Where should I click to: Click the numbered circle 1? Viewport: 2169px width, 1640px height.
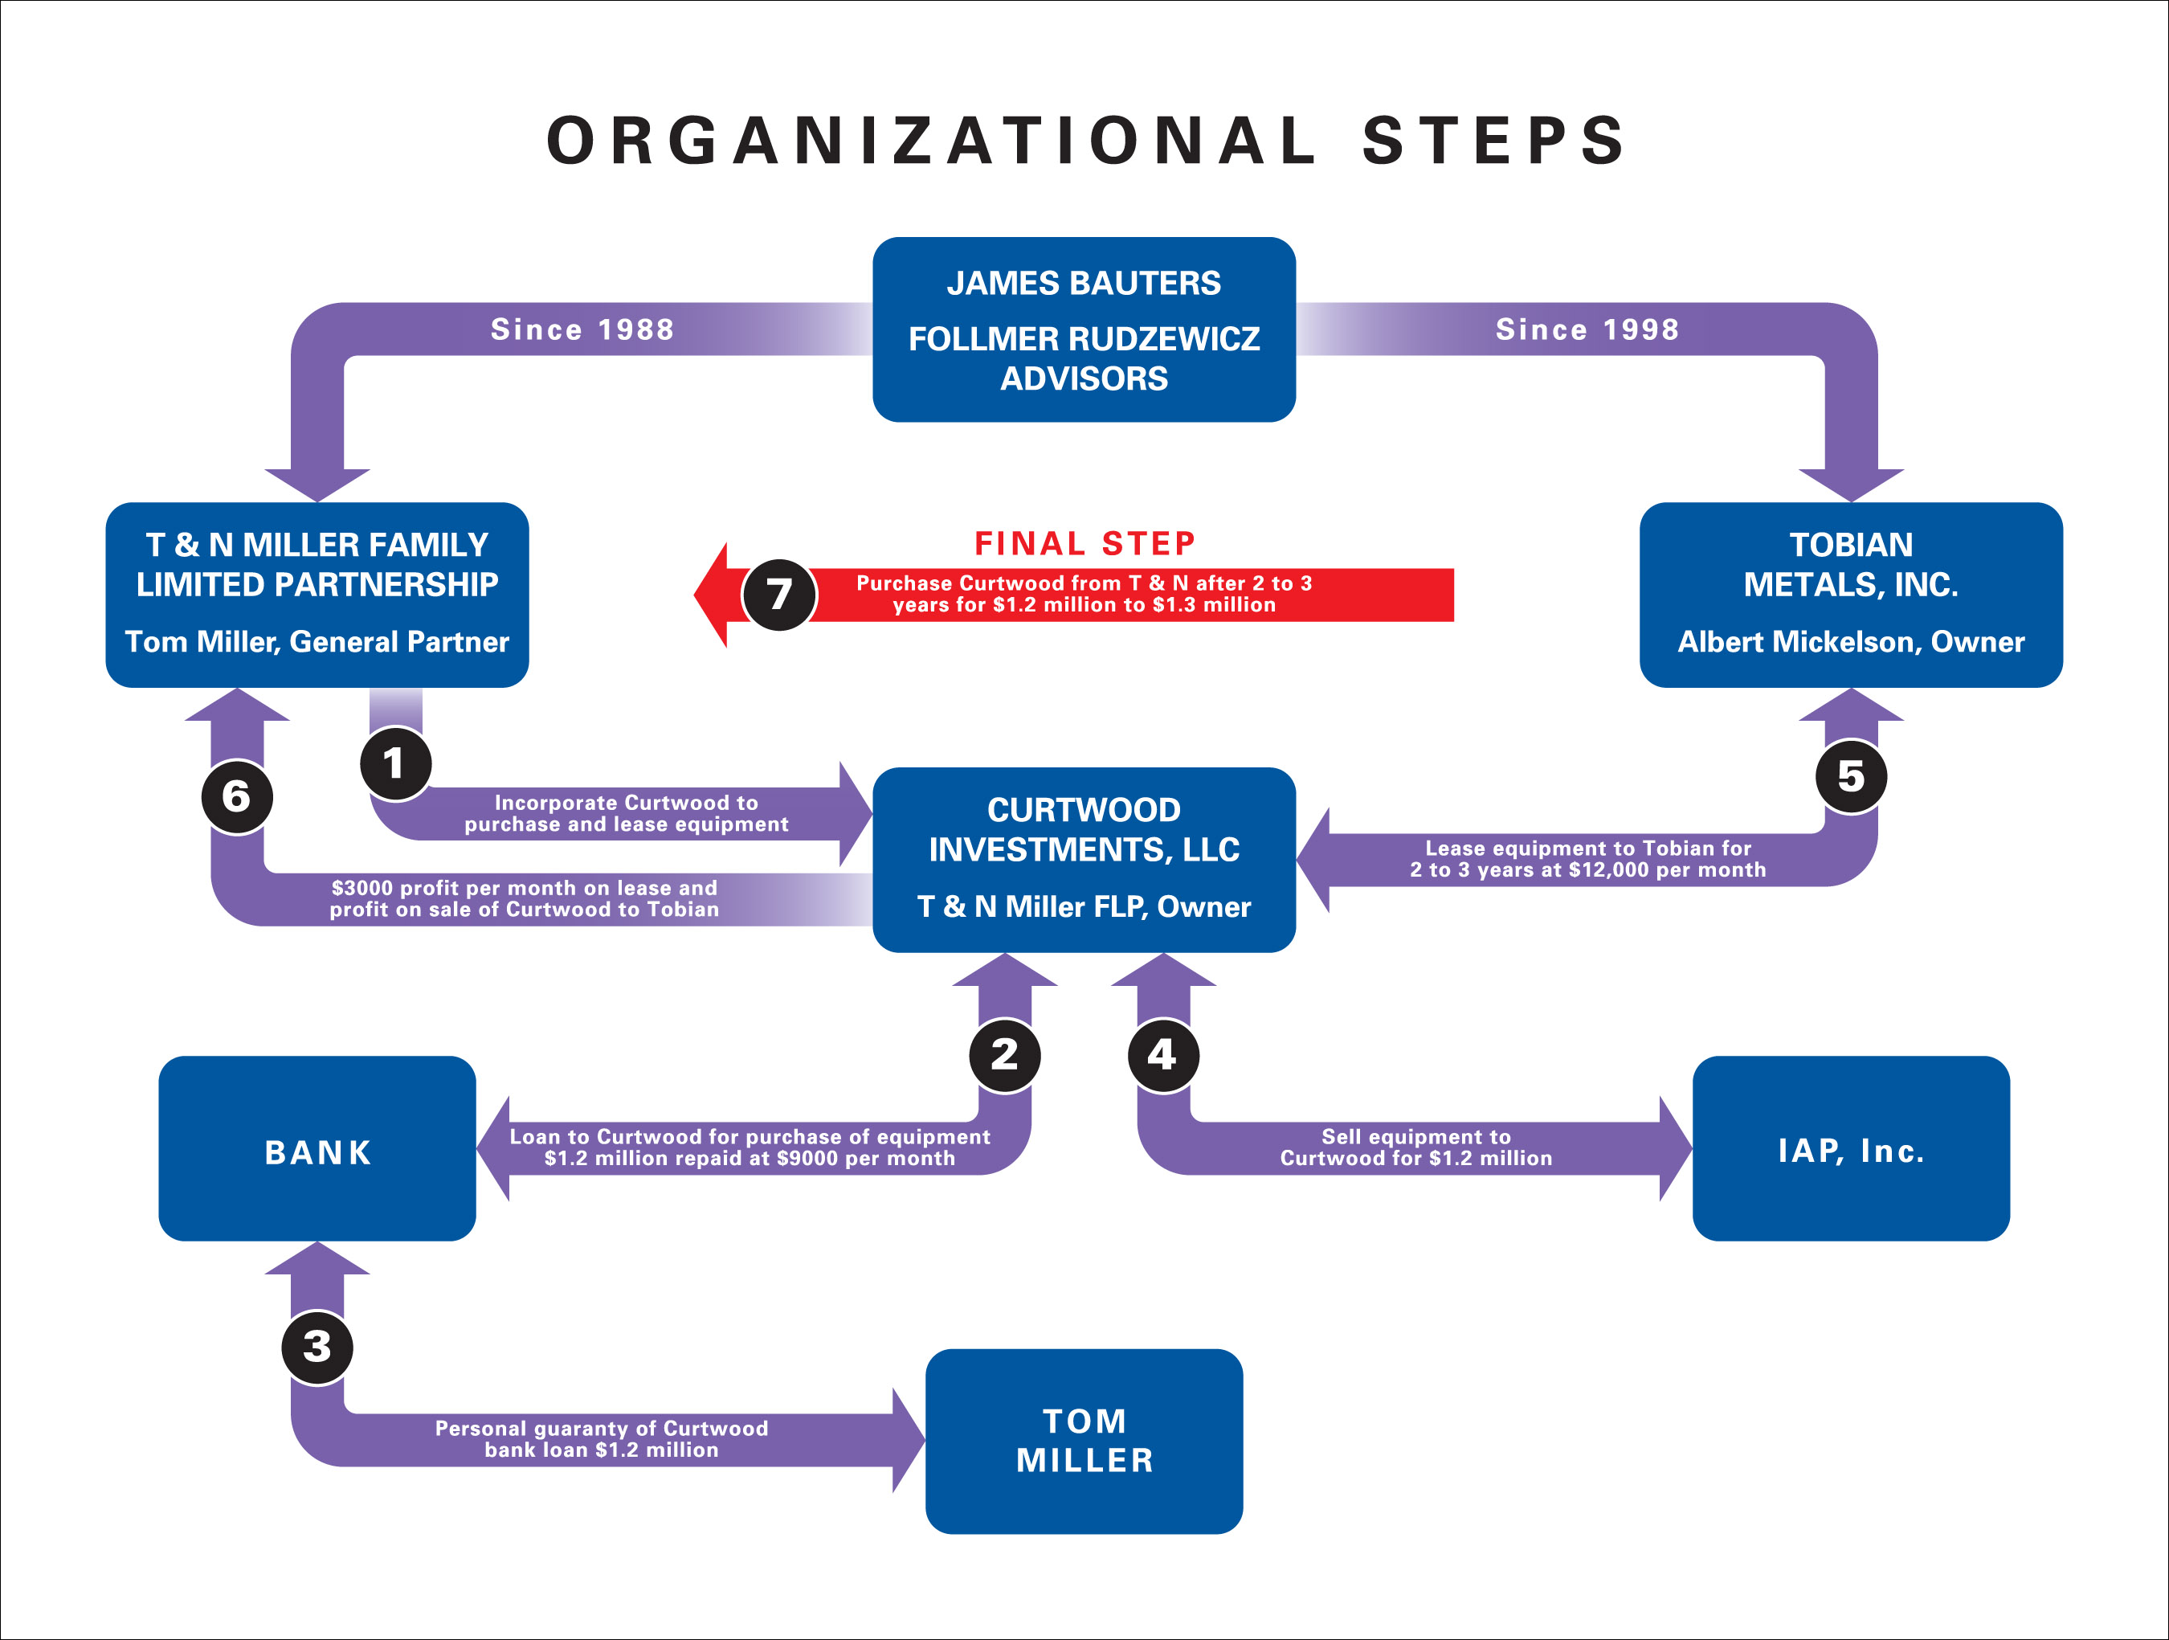pyautogui.click(x=395, y=763)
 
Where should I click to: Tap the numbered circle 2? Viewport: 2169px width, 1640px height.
pyautogui.click(x=1004, y=1055)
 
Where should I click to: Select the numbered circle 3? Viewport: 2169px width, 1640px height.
pyautogui.click(x=317, y=1347)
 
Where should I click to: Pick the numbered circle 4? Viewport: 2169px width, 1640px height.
pyautogui.click(x=1163, y=1055)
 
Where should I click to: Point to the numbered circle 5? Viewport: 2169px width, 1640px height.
pyautogui.click(x=1850, y=776)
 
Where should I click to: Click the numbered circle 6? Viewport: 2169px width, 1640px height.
pyautogui.click(x=236, y=796)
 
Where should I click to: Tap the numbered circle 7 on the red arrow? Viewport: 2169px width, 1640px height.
pyautogui.click(x=778, y=595)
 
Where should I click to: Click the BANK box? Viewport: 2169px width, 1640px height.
pyautogui.click(x=317, y=1148)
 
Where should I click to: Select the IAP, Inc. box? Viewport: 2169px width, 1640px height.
pyautogui.click(x=1850, y=1148)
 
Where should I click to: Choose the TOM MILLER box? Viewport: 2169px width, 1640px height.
pyautogui.click(x=1084, y=1441)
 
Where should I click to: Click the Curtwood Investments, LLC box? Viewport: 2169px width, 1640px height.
pyautogui.click(x=1084, y=859)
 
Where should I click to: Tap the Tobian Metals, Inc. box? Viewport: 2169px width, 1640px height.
pyautogui.click(x=1850, y=595)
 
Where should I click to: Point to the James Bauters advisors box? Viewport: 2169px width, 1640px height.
pyautogui.click(x=1084, y=329)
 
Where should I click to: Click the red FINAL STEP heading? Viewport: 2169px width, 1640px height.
pyautogui.click(x=1084, y=542)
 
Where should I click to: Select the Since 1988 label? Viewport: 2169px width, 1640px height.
pyautogui.click(x=582, y=329)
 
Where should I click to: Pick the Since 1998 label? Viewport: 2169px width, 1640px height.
pyautogui.click(x=1587, y=329)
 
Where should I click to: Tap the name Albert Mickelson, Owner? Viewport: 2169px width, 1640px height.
pyautogui.click(x=1850, y=641)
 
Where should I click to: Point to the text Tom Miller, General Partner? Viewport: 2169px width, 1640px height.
pyautogui.click(x=317, y=641)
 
